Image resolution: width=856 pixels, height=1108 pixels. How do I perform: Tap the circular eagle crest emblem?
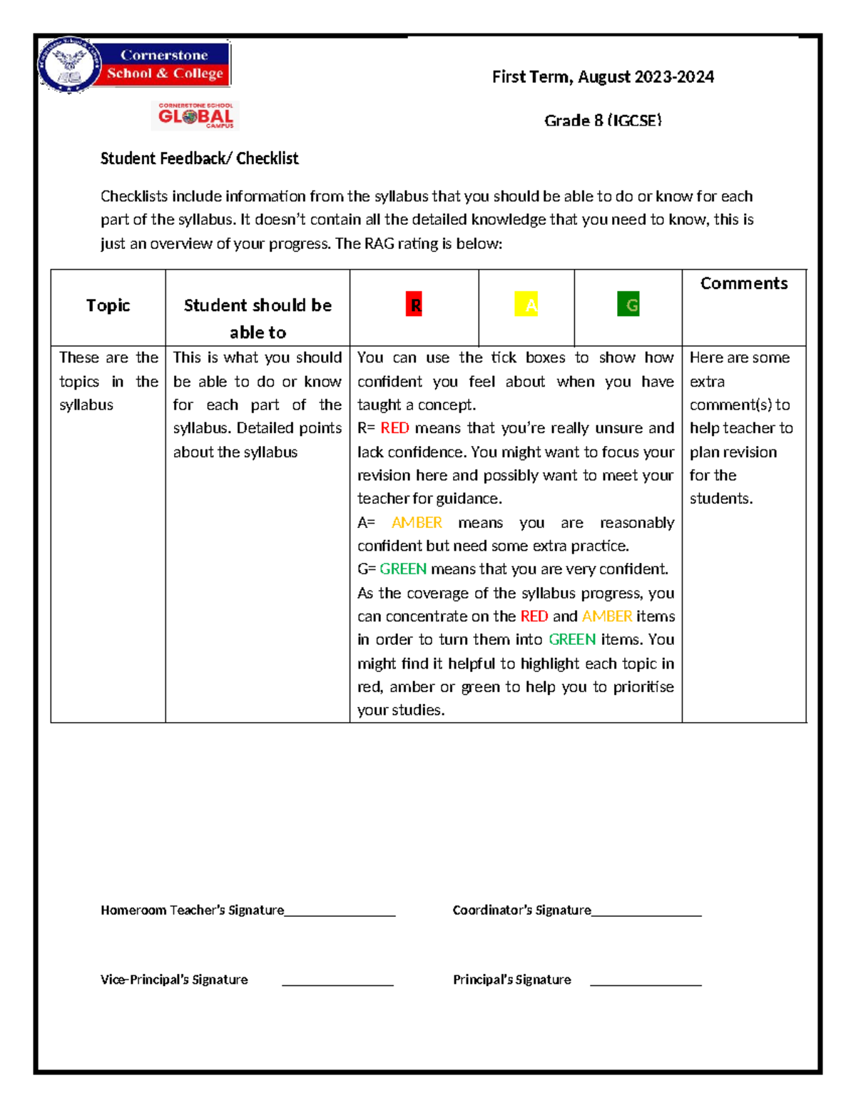[68, 65]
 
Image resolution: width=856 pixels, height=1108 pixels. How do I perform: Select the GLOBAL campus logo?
[195, 116]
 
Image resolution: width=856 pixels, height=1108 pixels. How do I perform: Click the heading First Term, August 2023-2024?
[603, 77]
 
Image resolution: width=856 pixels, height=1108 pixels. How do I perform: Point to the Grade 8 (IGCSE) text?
[603, 121]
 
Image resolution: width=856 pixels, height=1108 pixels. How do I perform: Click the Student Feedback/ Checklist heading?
[199, 158]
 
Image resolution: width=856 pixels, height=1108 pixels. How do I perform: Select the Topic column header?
[108, 305]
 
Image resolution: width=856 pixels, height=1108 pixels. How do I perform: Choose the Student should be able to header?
[258, 318]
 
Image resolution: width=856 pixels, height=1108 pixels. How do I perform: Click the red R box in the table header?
[414, 305]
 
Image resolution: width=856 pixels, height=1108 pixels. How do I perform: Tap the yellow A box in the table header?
[526, 305]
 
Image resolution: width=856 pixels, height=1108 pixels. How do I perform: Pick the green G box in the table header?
[628, 305]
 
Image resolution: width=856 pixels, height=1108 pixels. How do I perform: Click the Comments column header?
[744, 283]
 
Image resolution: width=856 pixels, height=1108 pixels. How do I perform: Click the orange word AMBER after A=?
[417, 522]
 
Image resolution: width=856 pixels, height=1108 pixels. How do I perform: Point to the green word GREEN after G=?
[403, 569]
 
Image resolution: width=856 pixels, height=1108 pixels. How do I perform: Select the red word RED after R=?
[394, 428]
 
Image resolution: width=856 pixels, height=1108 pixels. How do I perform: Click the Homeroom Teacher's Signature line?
[340, 913]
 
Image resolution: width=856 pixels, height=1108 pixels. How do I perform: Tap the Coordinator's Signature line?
[646, 913]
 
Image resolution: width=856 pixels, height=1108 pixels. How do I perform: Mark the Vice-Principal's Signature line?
[337, 983]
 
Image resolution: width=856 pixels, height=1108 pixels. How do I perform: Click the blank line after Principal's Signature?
[646, 983]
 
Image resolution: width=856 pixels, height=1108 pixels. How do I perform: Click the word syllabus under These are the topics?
[86, 405]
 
